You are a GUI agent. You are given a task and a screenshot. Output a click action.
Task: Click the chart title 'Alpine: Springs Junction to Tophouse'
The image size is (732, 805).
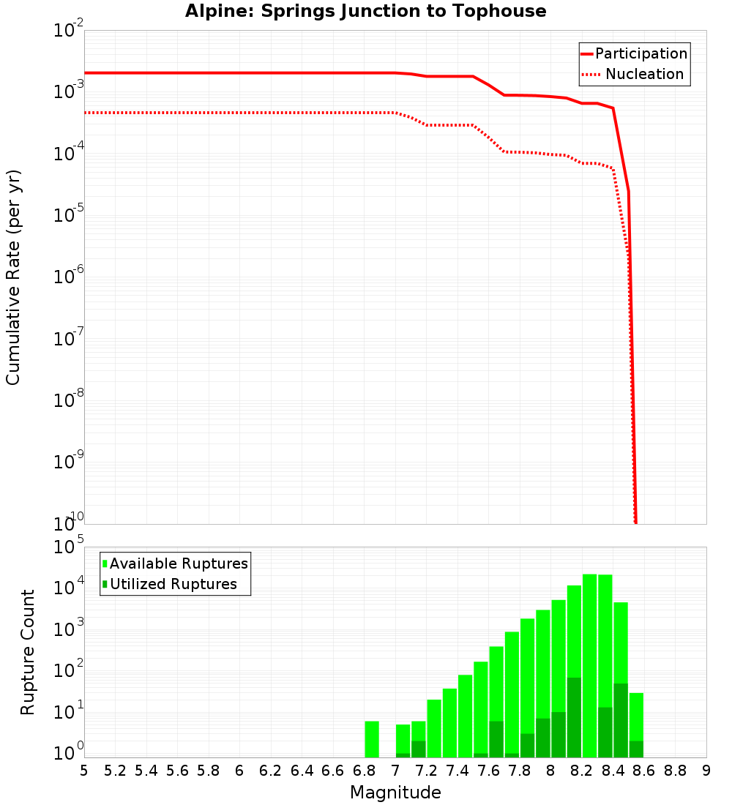coord(365,12)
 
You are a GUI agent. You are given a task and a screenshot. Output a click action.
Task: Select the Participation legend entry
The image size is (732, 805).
coord(634,53)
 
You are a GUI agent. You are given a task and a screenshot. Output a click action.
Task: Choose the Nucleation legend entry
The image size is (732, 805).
coord(634,74)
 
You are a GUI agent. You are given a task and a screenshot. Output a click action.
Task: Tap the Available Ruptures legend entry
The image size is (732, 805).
coord(176,563)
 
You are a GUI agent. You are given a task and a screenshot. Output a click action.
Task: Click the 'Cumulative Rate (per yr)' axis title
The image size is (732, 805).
coord(13,277)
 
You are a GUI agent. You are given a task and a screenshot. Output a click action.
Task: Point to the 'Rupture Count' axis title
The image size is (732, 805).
coord(28,652)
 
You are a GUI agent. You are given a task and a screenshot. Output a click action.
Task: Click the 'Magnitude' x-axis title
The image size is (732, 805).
coord(395,793)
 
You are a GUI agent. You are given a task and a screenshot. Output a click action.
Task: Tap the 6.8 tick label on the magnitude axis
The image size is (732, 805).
coord(364,770)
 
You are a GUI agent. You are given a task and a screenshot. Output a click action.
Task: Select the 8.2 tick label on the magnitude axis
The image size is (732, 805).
coord(582,770)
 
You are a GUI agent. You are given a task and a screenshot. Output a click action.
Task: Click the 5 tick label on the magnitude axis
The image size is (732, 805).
coord(84,770)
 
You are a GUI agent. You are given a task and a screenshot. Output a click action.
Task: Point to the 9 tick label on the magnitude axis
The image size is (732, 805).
coord(706,770)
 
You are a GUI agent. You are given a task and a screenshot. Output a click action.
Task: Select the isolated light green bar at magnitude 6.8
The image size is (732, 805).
coord(372,739)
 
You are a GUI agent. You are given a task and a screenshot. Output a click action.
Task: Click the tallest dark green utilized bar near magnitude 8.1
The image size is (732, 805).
coord(574,717)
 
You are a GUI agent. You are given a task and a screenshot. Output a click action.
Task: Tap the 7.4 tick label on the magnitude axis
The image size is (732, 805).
coord(457,770)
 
